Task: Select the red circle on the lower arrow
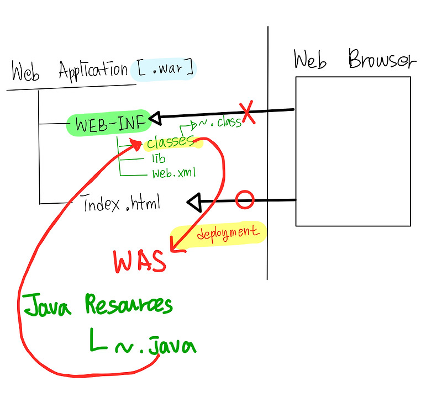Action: pyautogui.click(x=244, y=200)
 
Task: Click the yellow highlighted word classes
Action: pyautogui.click(x=171, y=142)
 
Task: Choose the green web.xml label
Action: pyautogui.click(x=174, y=173)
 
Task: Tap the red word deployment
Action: pyautogui.click(x=228, y=233)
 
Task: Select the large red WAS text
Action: pyautogui.click(x=139, y=261)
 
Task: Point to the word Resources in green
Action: pyautogui.click(x=129, y=305)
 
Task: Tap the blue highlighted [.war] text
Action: pyautogui.click(x=164, y=69)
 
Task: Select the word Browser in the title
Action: pyautogui.click(x=381, y=60)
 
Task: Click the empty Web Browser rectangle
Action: pyautogui.click(x=352, y=151)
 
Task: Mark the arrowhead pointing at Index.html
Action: pyautogui.click(x=194, y=203)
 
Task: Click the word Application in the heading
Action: pyautogui.click(x=93, y=71)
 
